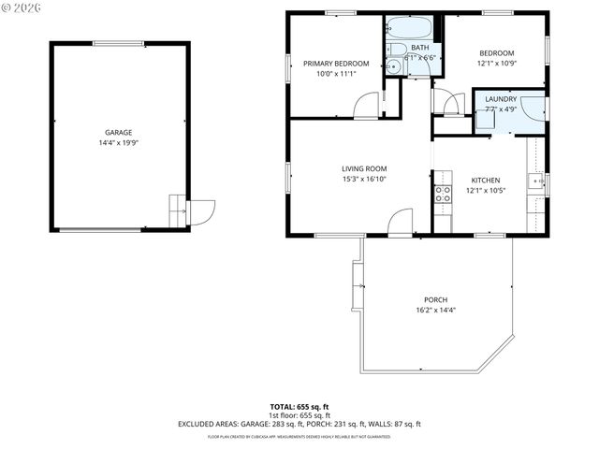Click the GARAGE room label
coord(118,133)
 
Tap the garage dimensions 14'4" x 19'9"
coord(118,143)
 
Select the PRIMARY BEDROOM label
coord(336,64)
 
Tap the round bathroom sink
coord(394,66)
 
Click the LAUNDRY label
coord(501,98)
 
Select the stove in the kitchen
coord(443,195)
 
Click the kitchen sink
coord(535,181)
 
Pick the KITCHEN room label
coord(485,181)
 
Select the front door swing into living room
coord(400,221)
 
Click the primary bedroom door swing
coord(367,106)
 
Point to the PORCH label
coord(435,299)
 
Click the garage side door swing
coord(200,213)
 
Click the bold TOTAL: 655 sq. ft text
coord(299,408)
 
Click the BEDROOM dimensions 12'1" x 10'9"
coord(498,64)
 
